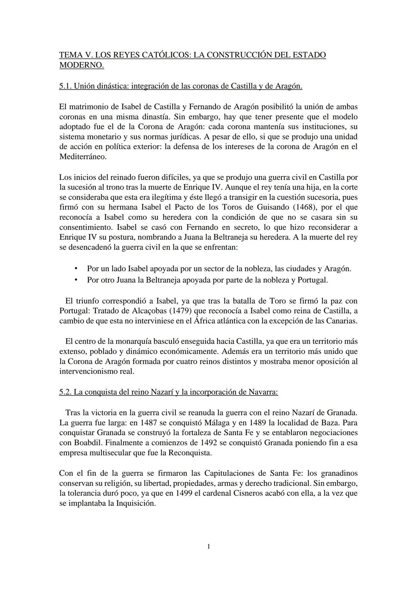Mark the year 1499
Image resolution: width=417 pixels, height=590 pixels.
(x=185, y=493)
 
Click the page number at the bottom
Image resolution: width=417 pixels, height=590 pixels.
(x=208, y=546)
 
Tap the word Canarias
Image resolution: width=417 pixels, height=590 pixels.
(x=341, y=321)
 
